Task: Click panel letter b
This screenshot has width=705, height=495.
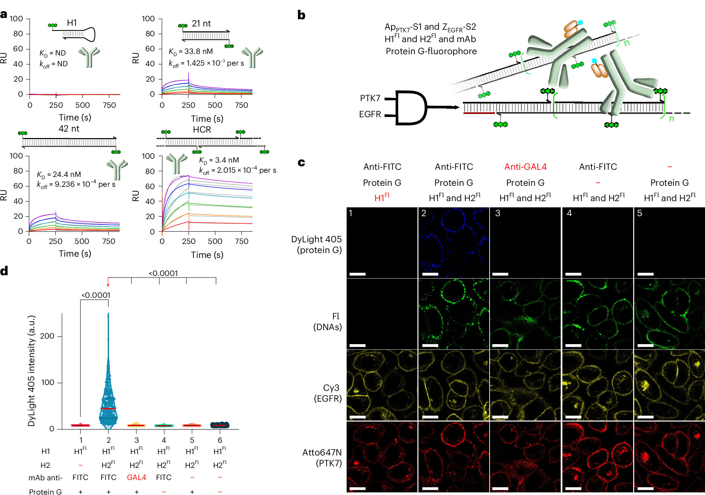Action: pos(301,15)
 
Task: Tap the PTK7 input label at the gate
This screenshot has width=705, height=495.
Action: pos(370,98)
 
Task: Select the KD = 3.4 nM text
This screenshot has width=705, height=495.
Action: pos(219,160)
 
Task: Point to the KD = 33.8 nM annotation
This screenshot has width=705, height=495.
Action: pos(191,52)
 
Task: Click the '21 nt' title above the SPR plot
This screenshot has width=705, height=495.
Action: pos(201,24)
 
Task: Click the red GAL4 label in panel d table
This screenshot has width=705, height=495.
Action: pos(136,477)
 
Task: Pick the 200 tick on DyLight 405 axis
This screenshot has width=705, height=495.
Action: pos(47,336)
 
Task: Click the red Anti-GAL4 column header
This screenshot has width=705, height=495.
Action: pos(525,167)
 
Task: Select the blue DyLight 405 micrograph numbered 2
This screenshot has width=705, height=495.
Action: pos(454,242)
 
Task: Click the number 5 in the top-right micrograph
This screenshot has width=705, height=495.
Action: pos(639,213)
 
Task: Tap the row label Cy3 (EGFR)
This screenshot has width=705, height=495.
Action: pos(328,393)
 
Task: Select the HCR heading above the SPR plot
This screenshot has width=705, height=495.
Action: pos(202,130)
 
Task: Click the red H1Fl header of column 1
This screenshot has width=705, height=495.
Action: pos(382,198)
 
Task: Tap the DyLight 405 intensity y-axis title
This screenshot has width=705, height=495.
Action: pos(31,371)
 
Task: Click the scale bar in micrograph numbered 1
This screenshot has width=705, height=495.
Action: pos(357,274)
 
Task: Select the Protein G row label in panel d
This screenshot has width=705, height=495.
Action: pos(45,492)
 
